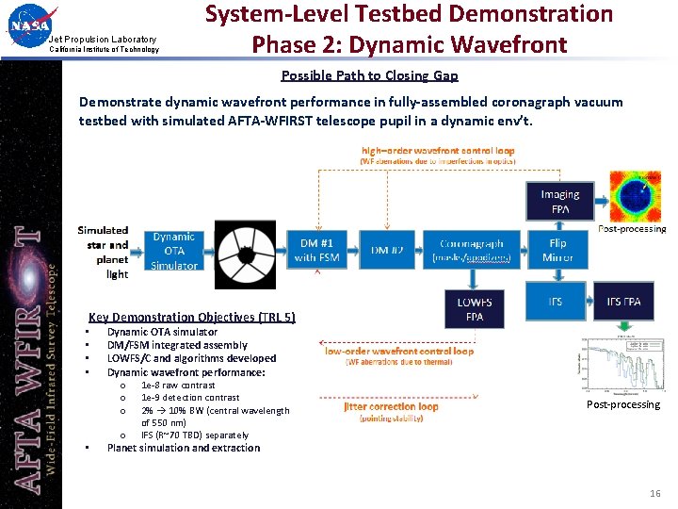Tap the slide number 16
tap(655, 494)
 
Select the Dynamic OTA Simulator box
tap(174, 252)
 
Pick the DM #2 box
tap(386, 250)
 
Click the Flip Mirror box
tap(557, 250)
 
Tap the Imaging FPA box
tap(560, 201)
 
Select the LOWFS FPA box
tap(474, 309)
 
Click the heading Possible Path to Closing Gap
tap(369, 75)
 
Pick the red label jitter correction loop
tap(391, 407)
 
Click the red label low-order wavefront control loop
tap(399, 351)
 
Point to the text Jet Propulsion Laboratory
tap(103, 39)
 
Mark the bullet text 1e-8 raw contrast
tap(178, 385)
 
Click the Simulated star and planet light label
tap(104, 252)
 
